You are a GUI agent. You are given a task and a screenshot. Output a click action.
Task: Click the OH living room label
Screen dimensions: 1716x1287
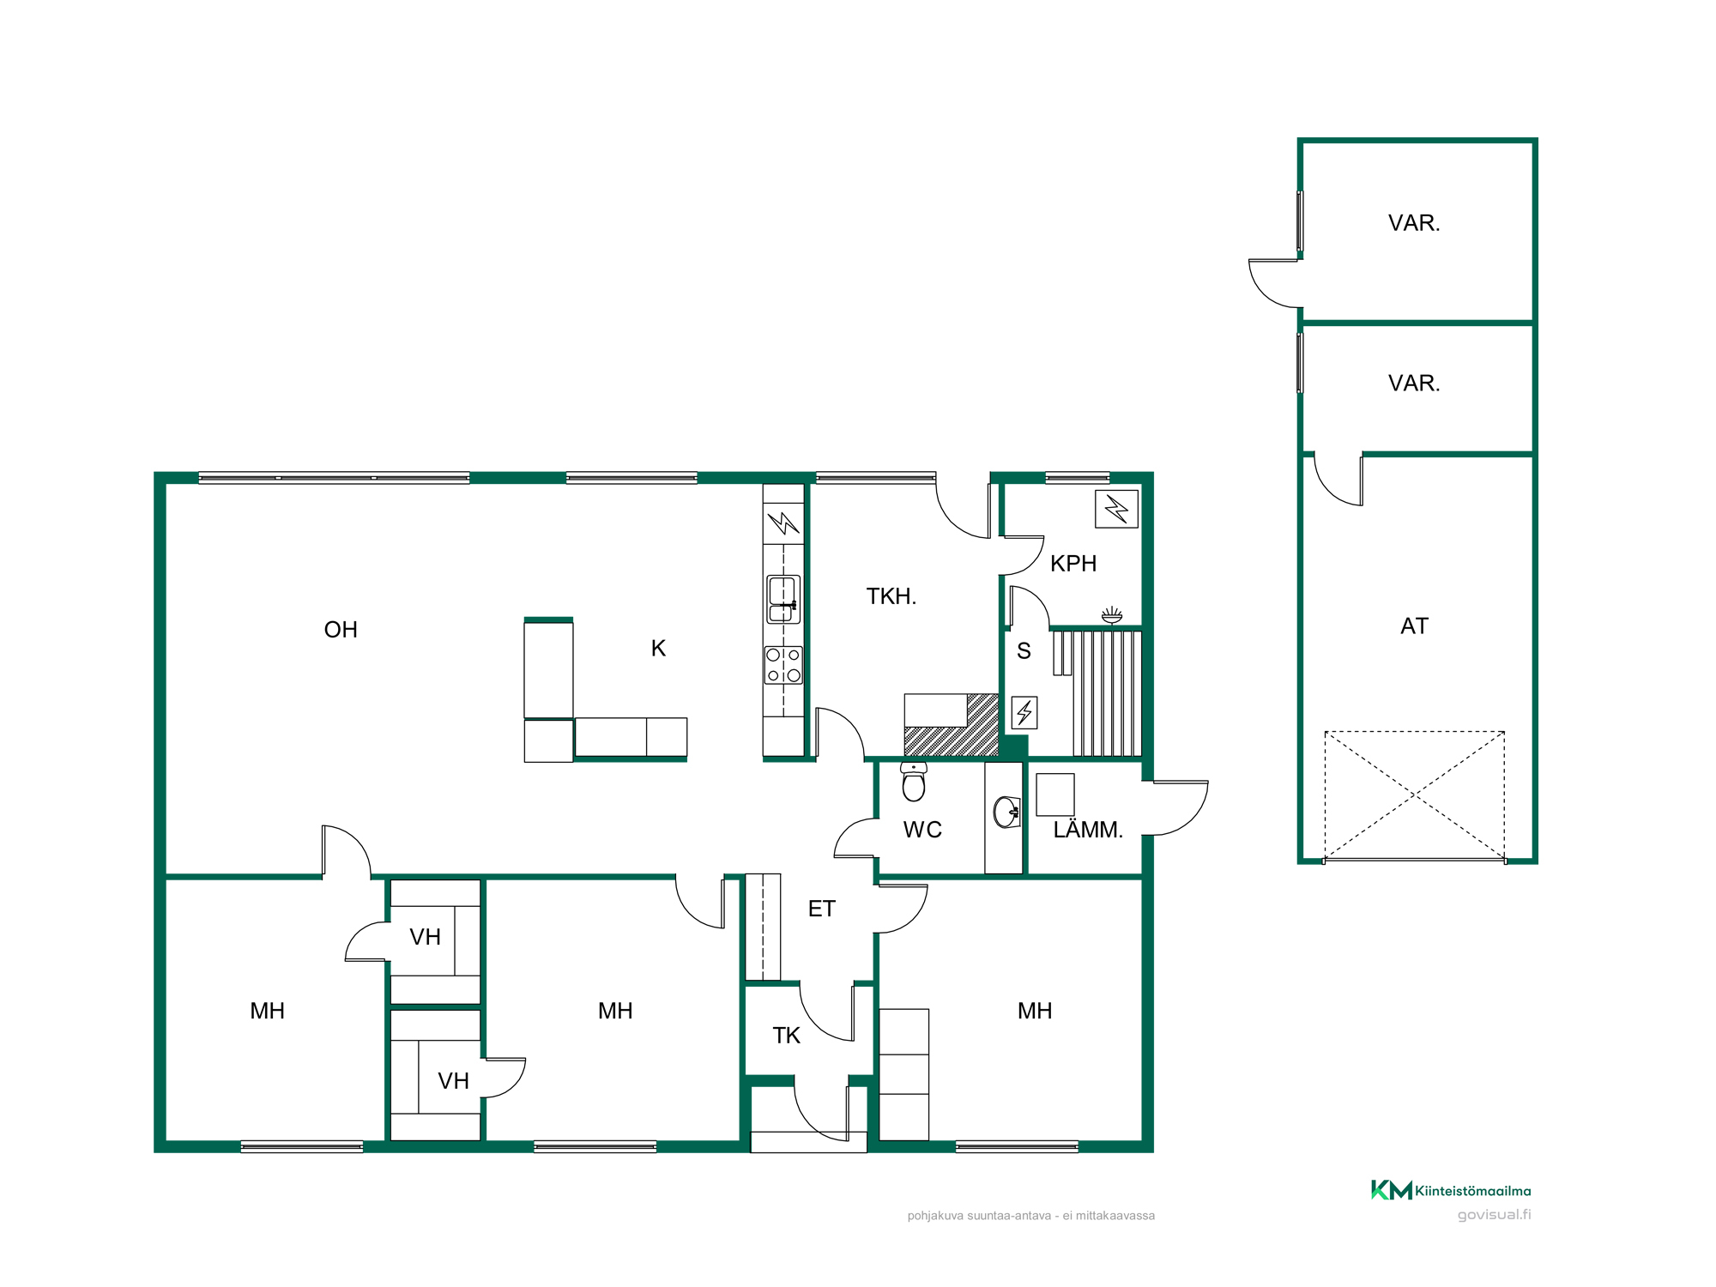point(341,630)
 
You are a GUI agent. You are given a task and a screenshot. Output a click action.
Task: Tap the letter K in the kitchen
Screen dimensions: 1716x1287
point(658,649)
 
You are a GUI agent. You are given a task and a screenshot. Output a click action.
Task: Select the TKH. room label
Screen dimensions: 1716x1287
point(891,596)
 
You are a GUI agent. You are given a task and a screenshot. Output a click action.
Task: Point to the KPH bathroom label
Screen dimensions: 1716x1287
point(1073,564)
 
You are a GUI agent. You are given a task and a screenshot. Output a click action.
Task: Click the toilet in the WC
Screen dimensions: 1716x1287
point(914,781)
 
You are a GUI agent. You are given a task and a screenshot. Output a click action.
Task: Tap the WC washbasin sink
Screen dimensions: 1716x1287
point(1006,812)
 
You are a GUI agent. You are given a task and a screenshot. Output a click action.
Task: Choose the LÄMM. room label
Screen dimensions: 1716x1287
point(1088,830)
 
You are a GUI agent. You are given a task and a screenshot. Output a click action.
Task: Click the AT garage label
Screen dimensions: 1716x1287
point(1414,626)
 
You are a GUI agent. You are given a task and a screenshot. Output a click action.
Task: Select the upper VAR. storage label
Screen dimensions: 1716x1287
point(1414,223)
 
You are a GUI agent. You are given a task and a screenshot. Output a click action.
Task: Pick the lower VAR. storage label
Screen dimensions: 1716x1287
point(1414,384)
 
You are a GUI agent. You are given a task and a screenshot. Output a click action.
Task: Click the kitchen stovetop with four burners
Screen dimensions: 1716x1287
point(783,665)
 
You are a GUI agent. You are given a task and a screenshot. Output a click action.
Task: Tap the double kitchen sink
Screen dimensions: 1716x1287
point(783,599)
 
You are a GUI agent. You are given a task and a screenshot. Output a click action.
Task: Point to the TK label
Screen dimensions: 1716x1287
point(786,1036)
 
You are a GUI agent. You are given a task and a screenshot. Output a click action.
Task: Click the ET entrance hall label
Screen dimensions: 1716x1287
point(821,909)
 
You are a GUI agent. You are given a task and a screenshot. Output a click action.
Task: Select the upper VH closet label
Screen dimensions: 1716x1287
point(425,937)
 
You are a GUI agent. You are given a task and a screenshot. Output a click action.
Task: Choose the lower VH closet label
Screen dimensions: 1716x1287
point(453,1081)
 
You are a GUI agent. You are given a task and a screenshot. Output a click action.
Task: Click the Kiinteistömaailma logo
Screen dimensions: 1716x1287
point(1451,1190)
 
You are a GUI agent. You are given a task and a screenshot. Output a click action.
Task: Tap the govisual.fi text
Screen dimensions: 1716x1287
point(1494,1215)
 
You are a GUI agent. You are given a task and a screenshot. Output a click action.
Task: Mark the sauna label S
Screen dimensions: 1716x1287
point(1024,651)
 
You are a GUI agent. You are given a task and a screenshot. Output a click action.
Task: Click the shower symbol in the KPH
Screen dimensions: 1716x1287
point(1112,614)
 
